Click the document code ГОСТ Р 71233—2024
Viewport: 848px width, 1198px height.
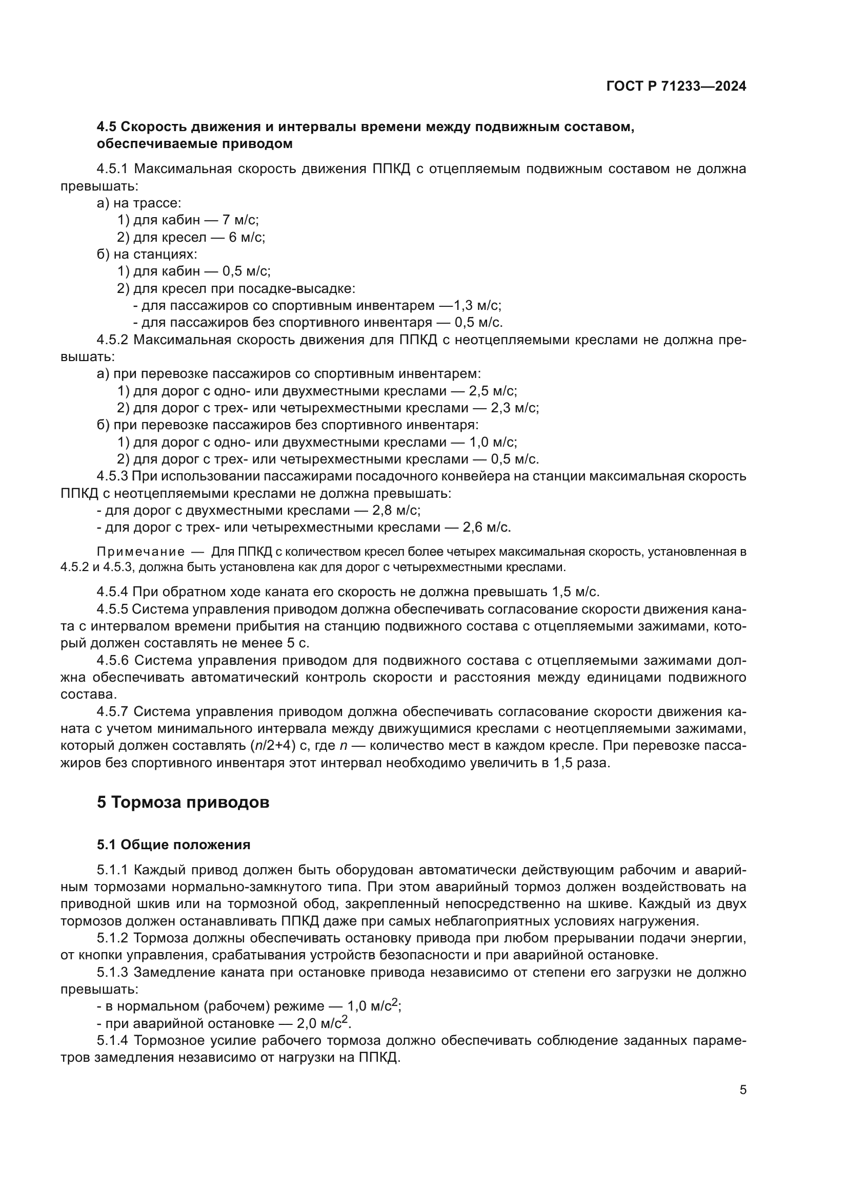[676, 87]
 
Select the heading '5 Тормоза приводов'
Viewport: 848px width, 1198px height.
[183, 803]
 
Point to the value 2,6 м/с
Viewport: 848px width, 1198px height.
[486, 528]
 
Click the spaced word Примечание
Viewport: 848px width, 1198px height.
[141, 552]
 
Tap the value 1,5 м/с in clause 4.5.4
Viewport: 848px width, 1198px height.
[575, 592]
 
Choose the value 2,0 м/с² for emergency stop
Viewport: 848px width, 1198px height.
[324, 1023]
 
